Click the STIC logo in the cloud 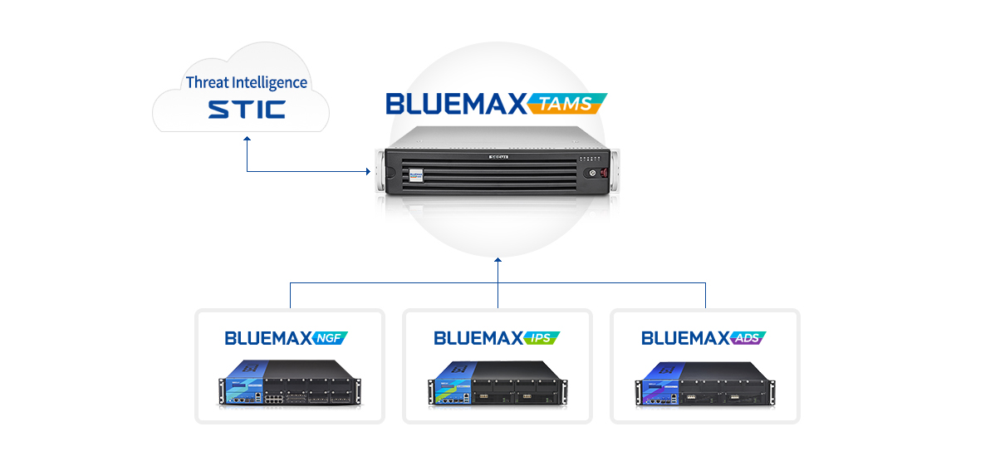point(246,109)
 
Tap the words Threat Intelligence point(247,82)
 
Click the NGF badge point(331,338)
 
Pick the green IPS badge point(542,338)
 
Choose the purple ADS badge point(748,338)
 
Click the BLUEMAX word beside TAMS point(456,104)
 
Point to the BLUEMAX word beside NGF point(267,338)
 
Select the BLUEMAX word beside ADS point(686,338)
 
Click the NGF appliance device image point(289,384)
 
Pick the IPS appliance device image point(497,384)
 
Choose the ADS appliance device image point(704,384)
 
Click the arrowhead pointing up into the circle point(497,259)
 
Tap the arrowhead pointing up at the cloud point(247,142)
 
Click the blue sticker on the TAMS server point(416,175)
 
